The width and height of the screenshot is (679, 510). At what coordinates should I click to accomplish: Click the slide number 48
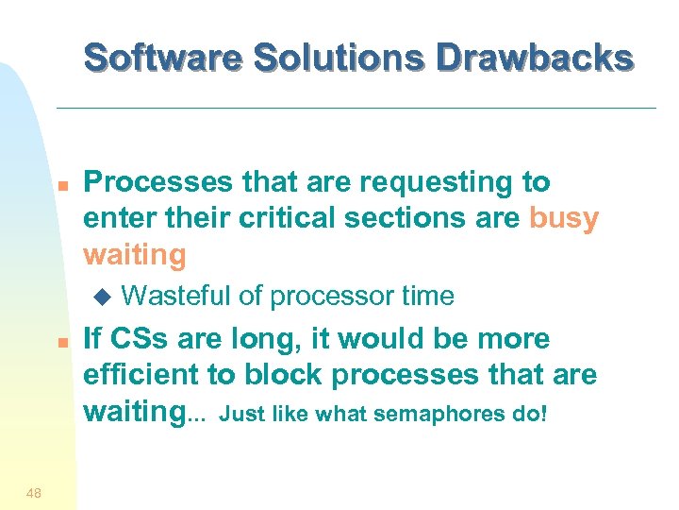(x=35, y=490)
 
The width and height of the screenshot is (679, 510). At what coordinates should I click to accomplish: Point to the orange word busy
(x=564, y=218)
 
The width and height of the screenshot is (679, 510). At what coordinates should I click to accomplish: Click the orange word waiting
(x=134, y=255)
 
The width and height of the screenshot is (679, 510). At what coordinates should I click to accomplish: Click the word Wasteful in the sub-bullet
(x=176, y=297)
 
